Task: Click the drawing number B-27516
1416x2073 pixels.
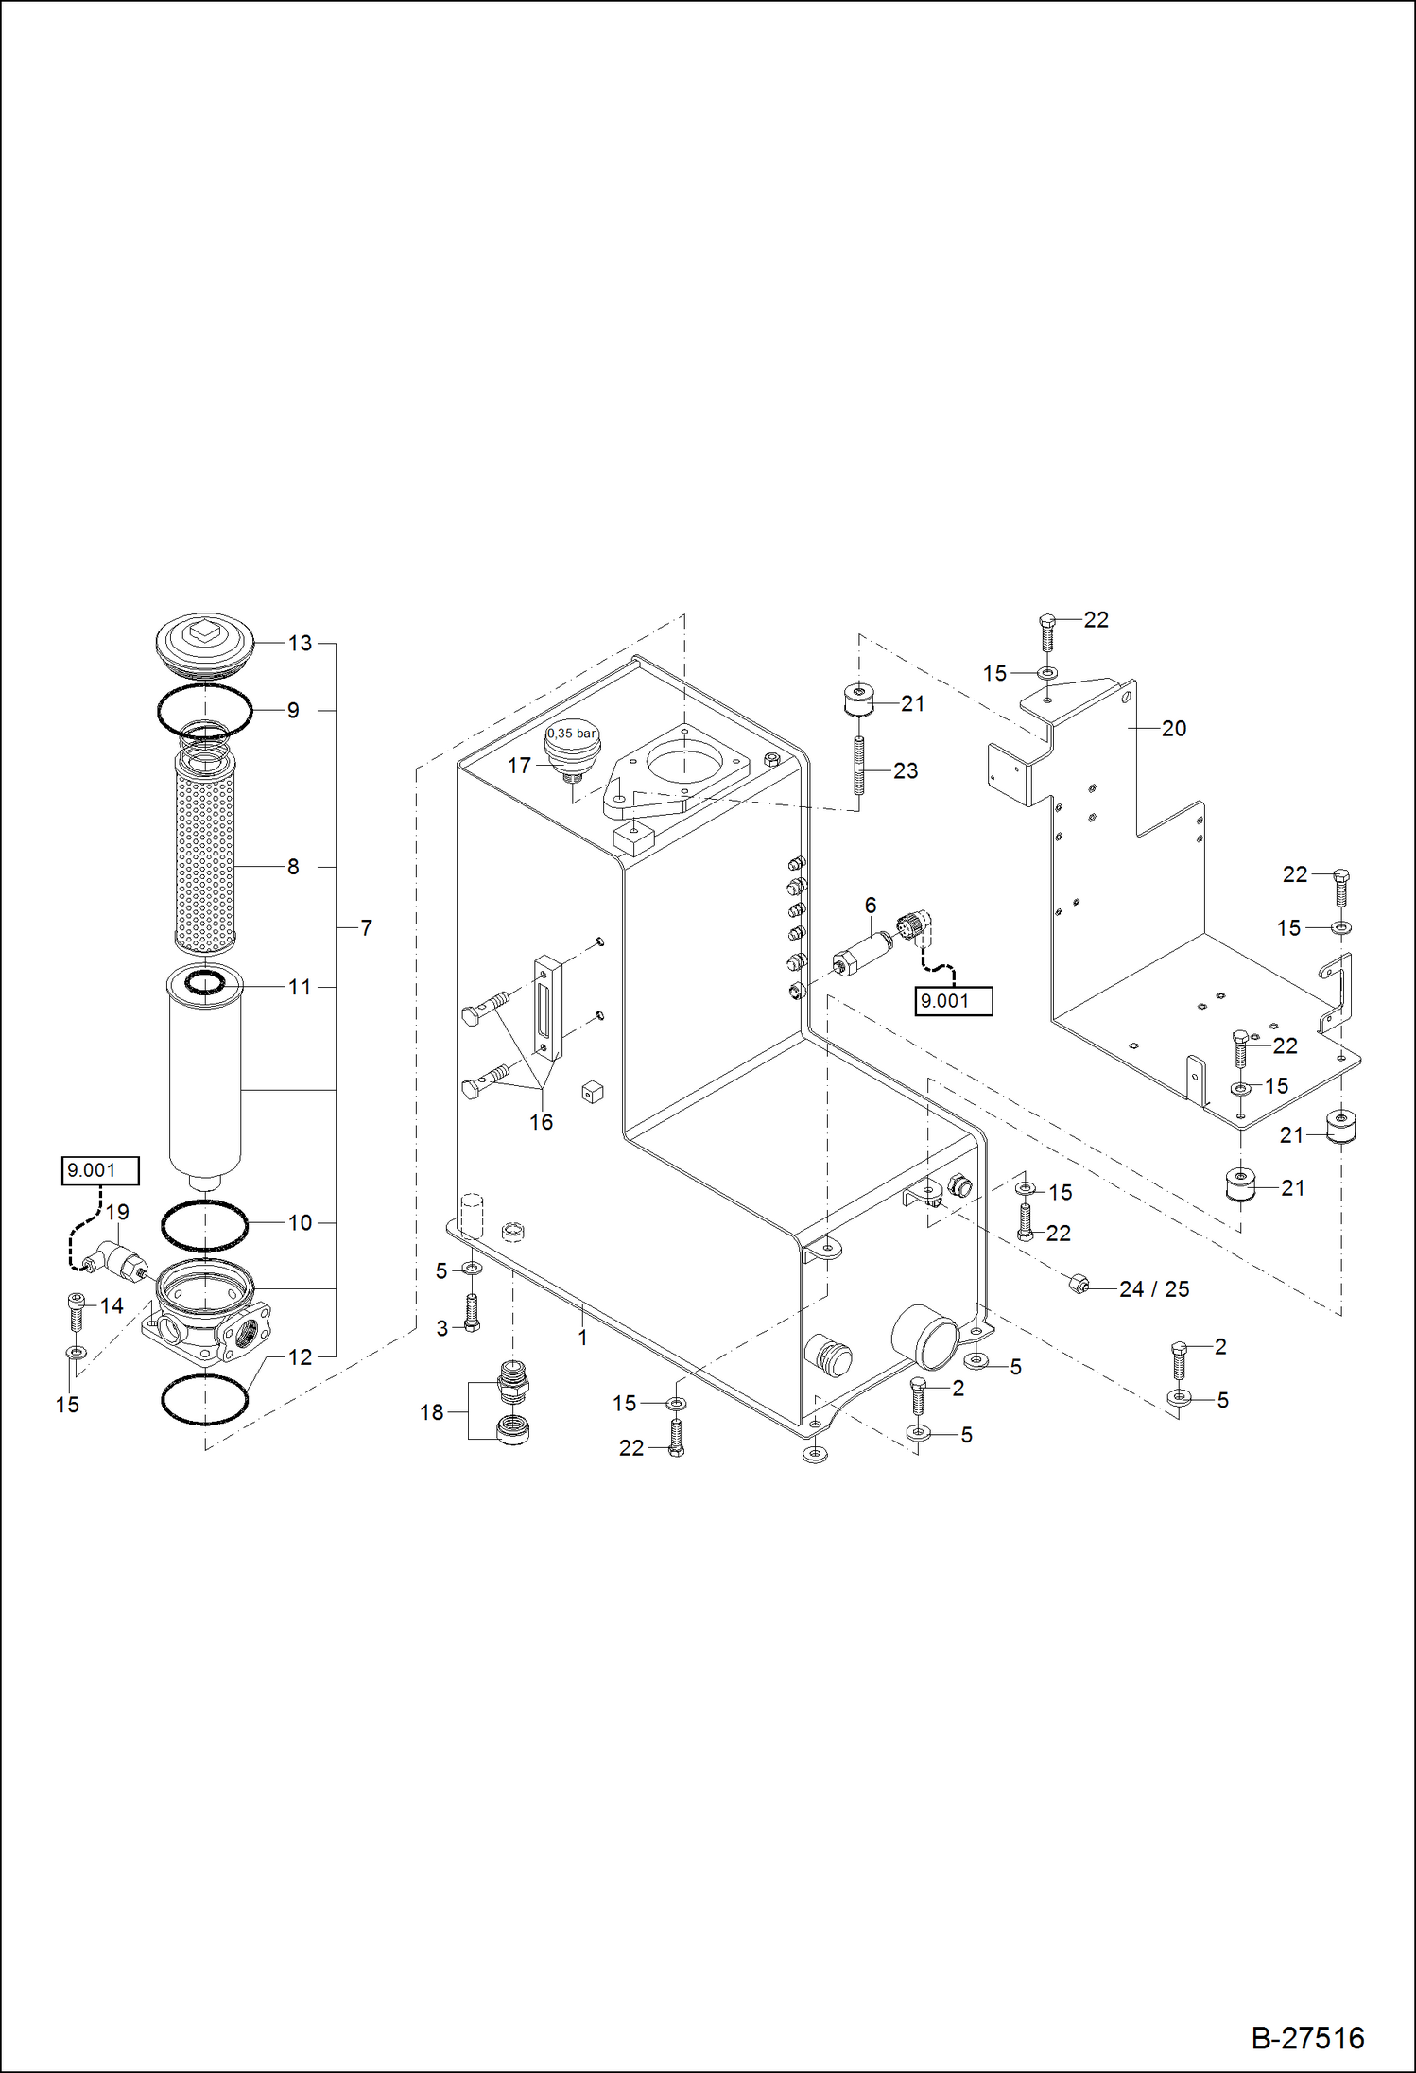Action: (1307, 2037)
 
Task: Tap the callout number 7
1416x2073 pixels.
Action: (366, 928)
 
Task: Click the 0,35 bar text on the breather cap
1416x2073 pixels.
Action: (572, 734)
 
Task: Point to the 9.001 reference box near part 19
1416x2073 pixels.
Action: (100, 1170)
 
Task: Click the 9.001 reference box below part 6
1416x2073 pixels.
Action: (953, 1001)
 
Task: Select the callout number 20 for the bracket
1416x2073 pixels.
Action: (1173, 729)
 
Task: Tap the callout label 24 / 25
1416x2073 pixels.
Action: (1153, 1289)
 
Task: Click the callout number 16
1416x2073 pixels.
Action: (541, 1122)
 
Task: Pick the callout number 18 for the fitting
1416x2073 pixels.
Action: (432, 1412)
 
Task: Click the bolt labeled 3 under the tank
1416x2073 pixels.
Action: (472, 1312)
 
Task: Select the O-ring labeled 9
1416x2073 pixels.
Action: (204, 710)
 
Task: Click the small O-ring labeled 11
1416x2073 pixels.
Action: (204, 983)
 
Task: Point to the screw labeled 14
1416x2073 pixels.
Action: (78, 1312)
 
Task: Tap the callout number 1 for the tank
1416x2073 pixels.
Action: (582, 1338)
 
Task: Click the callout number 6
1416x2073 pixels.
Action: (870, 905)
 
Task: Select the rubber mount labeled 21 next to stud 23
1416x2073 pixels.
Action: (857, 700)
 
